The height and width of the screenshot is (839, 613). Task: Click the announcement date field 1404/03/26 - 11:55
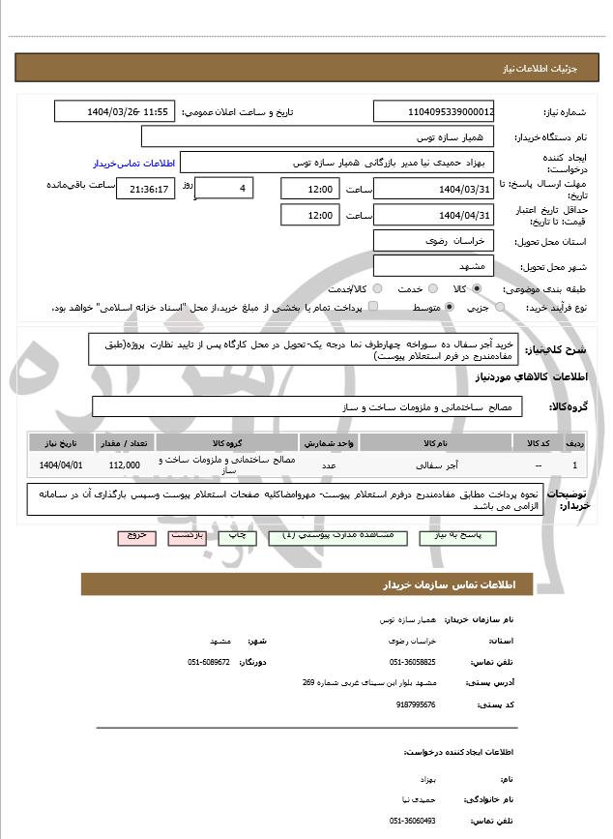[115, 112]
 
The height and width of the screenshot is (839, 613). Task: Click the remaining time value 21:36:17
[145, 189]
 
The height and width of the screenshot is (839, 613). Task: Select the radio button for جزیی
[500, 307]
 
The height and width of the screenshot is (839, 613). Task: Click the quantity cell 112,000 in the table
[125, 465]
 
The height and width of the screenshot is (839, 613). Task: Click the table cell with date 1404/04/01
[62, 465]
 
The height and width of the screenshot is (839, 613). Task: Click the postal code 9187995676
[413, 705]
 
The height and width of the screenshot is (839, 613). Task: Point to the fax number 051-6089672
[209, 662]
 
